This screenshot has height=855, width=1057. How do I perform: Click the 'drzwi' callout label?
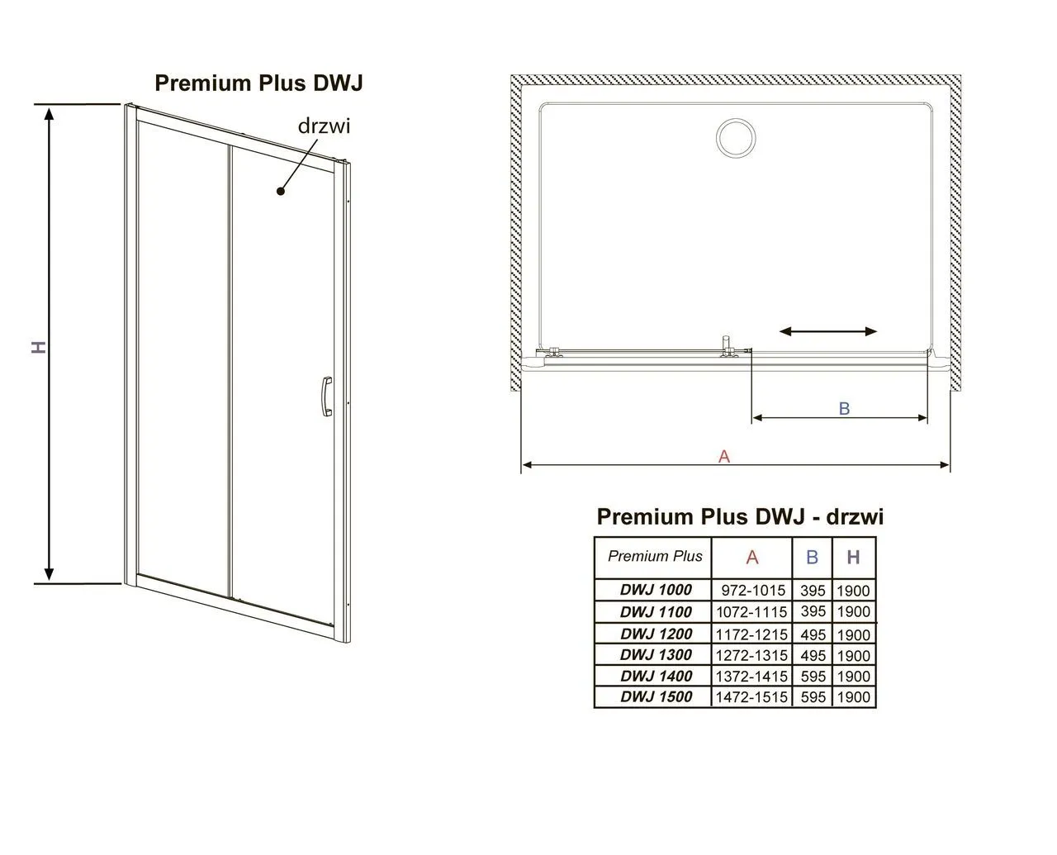click(324, 126)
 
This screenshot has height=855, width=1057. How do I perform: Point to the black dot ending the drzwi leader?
click(281, 191)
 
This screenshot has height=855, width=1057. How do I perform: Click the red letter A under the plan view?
click(724, 455)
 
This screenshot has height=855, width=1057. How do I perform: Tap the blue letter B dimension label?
click(844, 408)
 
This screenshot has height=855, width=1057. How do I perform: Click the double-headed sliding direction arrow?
click(828, 331)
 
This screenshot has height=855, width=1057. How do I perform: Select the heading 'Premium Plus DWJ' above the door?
click(259, 83)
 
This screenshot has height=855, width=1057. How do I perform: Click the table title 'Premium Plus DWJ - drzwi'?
click(740, 516)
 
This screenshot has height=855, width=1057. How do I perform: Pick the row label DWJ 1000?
click(656, 590)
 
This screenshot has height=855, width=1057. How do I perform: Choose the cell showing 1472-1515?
click(751, 697)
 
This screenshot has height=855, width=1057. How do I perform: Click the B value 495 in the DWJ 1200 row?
click(813, 634)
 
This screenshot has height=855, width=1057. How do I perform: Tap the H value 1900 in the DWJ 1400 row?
click(853, 677)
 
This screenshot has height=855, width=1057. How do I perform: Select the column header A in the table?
click(751, 558)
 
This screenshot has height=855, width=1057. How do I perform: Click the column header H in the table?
click(853, 558)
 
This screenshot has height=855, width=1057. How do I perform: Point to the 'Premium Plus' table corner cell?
click(654, 556)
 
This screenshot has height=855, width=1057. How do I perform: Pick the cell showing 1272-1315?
click(751, 655)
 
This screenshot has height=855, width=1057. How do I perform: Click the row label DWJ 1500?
click(656, 697)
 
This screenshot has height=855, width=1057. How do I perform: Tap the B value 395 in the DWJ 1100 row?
click(813, 612)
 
